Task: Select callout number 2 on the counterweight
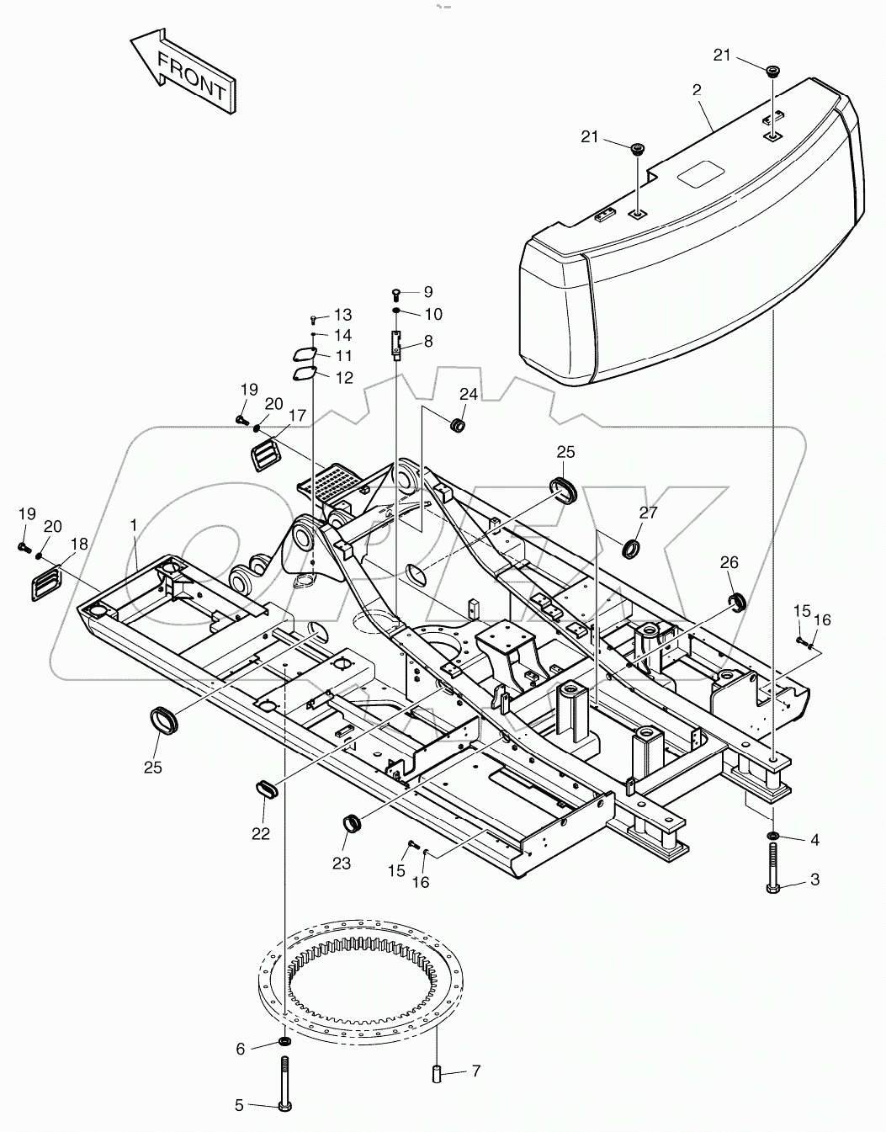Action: pos(697,89)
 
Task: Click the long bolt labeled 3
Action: pos(772,836)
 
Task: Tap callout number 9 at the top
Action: pos(427,292)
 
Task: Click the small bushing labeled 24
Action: pos(459,424)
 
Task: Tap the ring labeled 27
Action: pos(630,550)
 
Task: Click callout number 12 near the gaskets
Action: pos(344,378)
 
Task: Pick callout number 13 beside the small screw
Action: pos(342,315)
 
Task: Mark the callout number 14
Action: pos(342,335)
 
